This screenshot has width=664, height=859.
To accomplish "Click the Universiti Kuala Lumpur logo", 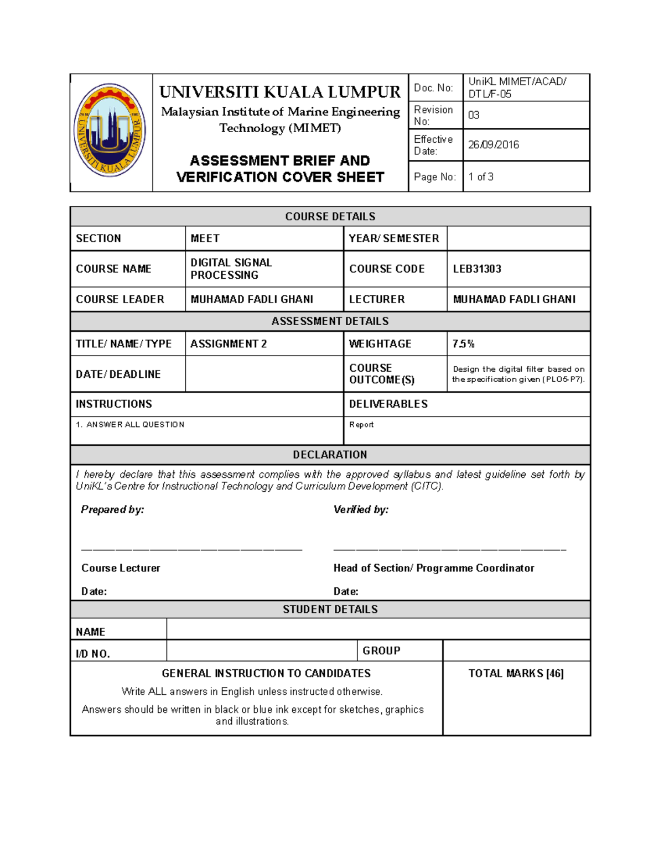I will coord(110,131).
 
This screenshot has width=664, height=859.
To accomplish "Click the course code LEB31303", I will coord(477,269).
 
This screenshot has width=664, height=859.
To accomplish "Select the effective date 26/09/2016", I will coord(494,145).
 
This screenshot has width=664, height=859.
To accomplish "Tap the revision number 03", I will coord(474,115).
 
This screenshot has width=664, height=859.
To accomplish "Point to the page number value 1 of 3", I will coord(481,177).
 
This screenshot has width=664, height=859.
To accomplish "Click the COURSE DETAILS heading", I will coord(330,216).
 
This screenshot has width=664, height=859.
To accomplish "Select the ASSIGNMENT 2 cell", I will coord(229,344).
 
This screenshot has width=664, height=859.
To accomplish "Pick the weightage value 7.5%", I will coord(464,344).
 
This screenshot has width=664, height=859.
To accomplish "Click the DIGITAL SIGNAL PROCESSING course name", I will coord(231,269).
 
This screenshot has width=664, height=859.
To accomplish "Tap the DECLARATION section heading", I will coord(330,455).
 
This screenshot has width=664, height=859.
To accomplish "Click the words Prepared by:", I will coord(112,509).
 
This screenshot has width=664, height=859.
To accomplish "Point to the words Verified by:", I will coord(361,509).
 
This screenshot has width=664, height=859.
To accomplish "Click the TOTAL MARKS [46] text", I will coord(516,673).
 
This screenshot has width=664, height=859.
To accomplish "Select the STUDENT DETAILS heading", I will coord(330,609).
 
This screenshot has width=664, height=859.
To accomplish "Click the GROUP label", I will coord(381,650).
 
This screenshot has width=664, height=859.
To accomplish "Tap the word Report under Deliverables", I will coord(361,425).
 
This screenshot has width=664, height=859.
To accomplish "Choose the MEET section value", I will coord(205,238).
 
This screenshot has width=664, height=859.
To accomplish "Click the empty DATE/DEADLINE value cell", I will coord(264,374).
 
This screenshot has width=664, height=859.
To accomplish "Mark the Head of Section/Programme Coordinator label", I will coord(434,568).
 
